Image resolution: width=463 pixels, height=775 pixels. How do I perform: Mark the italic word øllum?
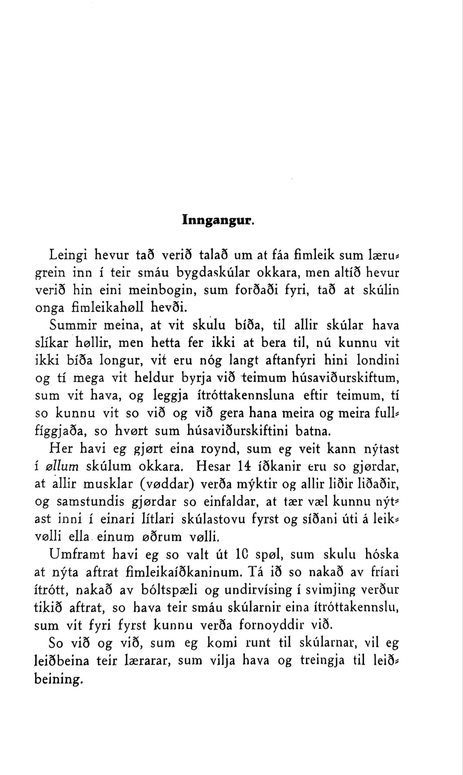point(62,467)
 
